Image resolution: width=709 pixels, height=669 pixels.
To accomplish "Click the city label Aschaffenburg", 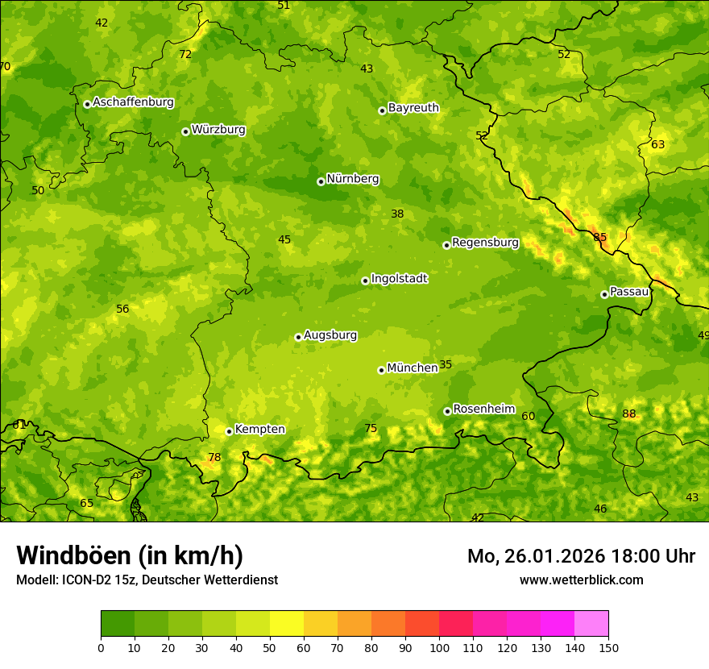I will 133,102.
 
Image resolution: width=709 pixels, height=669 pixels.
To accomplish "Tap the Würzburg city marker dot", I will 185,131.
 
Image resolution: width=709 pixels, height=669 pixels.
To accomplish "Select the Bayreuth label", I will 413,108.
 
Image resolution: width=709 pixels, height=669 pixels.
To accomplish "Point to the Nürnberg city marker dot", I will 321,181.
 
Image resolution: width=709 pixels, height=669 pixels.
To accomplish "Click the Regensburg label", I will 485,243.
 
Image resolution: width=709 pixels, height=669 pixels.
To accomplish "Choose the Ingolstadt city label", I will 399,279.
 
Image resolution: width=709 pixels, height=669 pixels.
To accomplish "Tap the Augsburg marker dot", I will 298,337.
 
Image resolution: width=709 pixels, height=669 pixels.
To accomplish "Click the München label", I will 412,368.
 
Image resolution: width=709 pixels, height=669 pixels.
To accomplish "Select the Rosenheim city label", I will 483,409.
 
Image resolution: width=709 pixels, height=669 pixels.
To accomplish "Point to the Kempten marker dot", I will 229,431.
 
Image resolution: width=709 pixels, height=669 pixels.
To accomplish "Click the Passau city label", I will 629,292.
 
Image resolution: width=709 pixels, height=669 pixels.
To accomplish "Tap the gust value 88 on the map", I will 629,414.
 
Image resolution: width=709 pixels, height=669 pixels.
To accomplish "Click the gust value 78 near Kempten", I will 214,458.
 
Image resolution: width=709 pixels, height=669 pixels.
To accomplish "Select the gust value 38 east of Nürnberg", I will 397,214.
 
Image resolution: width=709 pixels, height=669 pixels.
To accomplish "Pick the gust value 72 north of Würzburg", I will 185,55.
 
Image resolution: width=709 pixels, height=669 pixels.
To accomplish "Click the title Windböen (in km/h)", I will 130,555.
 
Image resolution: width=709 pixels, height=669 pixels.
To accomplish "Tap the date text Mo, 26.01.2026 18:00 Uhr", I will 581,556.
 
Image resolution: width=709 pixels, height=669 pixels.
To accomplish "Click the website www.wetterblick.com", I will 581,580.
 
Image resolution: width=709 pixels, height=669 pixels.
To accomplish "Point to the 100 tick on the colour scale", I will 439,647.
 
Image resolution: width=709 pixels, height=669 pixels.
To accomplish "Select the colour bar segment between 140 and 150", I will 591,624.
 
